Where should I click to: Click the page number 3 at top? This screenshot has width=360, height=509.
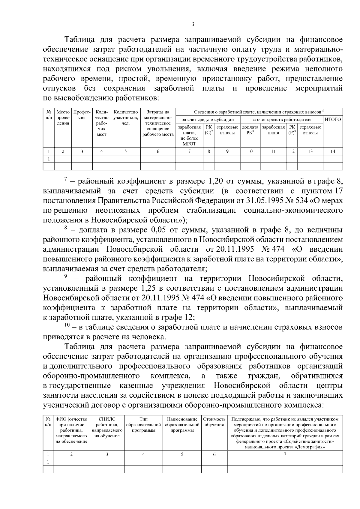point(192,24)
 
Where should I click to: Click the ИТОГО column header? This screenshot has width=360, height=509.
point(333,119)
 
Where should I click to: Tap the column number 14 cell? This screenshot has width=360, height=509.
point(333,151)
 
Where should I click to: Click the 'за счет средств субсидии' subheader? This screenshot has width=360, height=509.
point(208,119)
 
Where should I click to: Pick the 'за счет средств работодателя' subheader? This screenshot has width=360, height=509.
point(281,119)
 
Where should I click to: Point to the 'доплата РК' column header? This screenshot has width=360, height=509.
point(250,130)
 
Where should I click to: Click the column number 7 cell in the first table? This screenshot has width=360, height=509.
point(189,151)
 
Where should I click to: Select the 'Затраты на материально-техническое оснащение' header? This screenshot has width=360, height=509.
point(158,123)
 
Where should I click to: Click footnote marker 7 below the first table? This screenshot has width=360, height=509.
point(65,179)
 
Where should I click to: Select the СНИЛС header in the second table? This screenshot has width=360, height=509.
point(107,419)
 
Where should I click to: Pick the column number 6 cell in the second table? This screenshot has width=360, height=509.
point(214,454)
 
